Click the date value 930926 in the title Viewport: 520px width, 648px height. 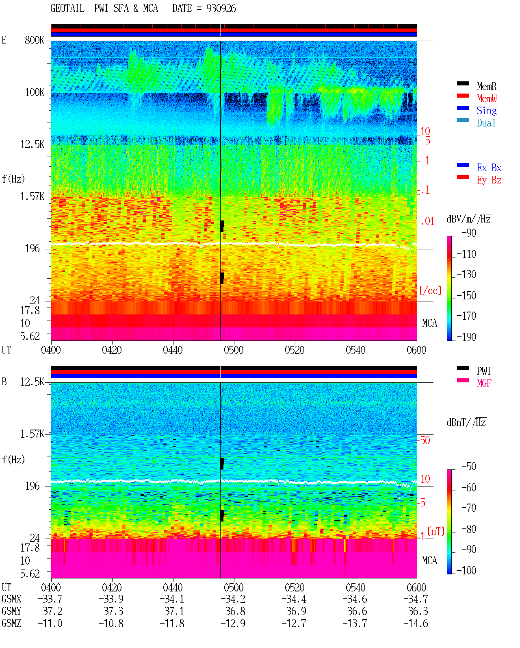[221, 9]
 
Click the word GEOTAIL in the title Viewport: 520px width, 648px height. [67, 9]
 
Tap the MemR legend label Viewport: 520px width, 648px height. [487, 86]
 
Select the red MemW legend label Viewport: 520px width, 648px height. [487, 98]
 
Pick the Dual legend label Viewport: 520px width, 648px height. [486, 123]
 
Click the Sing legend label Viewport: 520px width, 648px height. [487, 111]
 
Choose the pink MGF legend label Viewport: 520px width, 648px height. [484, 383]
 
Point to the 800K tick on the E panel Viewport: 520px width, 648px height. [35, 40]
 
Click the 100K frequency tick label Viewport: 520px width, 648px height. [35, 92]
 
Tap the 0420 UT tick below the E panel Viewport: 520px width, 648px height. [112, 350]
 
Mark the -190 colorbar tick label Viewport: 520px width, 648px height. [466, 337]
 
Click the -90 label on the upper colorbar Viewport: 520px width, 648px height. [469, 233]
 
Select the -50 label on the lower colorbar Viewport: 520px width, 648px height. [469, 467]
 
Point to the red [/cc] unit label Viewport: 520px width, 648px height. [430, 290]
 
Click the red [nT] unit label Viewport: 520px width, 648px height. [436, 531]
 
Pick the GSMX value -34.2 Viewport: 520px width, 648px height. [233, 599]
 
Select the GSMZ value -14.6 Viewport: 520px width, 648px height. [416, 623]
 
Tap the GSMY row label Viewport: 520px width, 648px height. [11, 611]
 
